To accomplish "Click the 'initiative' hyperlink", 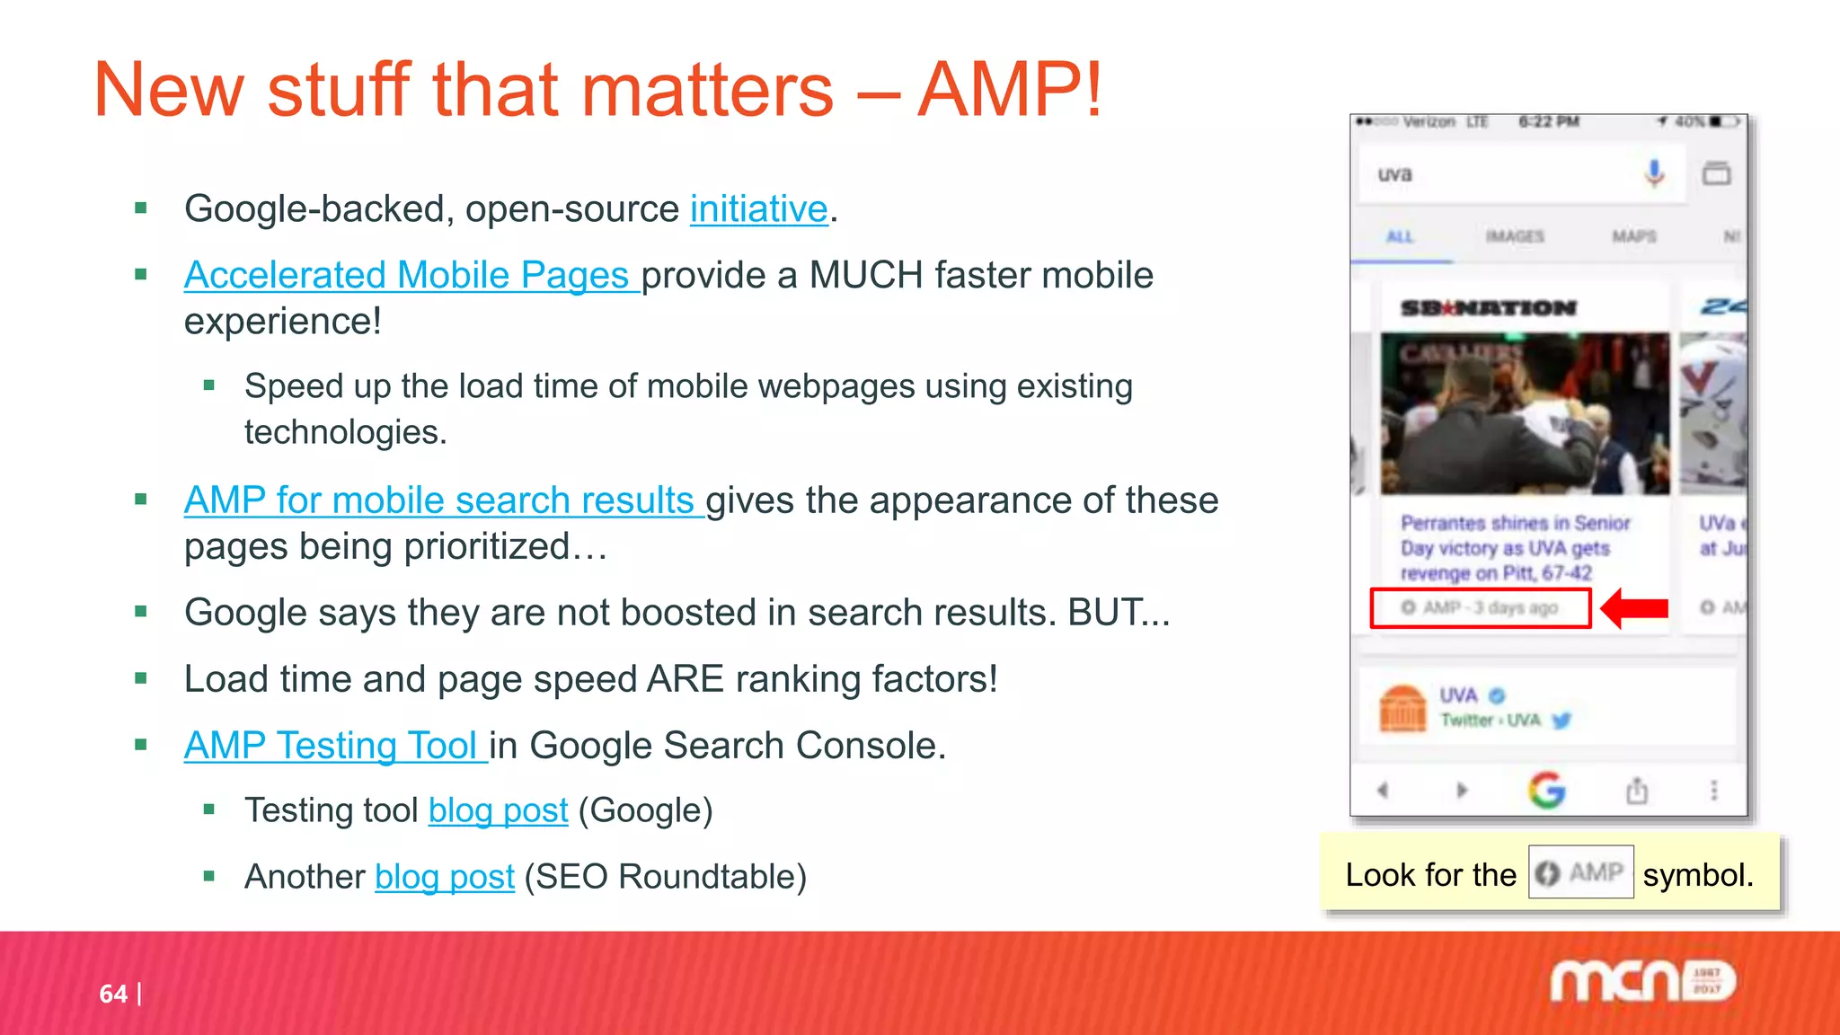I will coord(758,209).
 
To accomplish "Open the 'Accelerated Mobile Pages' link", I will coord(410,276).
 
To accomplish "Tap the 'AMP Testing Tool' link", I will coord(334,746).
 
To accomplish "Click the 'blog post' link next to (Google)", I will coord(498,810).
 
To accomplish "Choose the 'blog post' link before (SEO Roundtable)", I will coord(444,877).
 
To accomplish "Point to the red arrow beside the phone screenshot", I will coord(1635,608).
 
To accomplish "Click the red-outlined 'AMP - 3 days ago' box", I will coord(1480,608).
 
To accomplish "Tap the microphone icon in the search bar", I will coord(1654,172).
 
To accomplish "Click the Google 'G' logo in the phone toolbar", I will coord(1546,791).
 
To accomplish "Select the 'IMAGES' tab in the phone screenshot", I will coord(1515,236).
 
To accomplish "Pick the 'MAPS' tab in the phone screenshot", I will coord(1633,236).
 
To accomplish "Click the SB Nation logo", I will coord(1488,308).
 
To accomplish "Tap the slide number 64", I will coord(113,994).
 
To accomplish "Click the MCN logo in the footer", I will coord(1642,980).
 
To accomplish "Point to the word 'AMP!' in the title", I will coord(1009,90).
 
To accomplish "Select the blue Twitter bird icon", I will coord(1561,721).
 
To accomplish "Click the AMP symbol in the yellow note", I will coord(1580,872).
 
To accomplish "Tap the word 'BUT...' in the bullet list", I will coord(1119,613).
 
